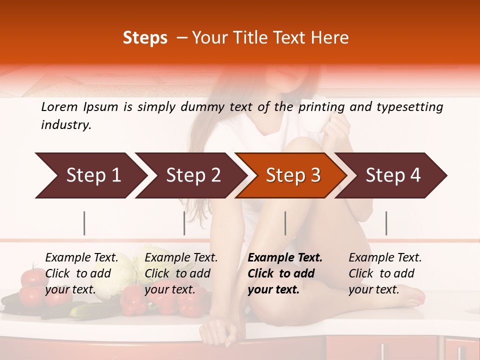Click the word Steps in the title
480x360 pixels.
[145, 37]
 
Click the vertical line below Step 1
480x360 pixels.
[84, 223]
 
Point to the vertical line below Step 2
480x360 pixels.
[184, 223]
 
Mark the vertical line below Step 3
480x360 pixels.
[285, 223]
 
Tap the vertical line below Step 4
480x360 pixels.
[386, 223]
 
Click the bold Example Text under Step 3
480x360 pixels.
[285, 258]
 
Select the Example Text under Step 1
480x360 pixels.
[81, 258]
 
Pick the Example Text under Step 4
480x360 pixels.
[385, 258]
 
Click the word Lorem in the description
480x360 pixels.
[59, 106]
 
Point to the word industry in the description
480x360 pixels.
[65, 124]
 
